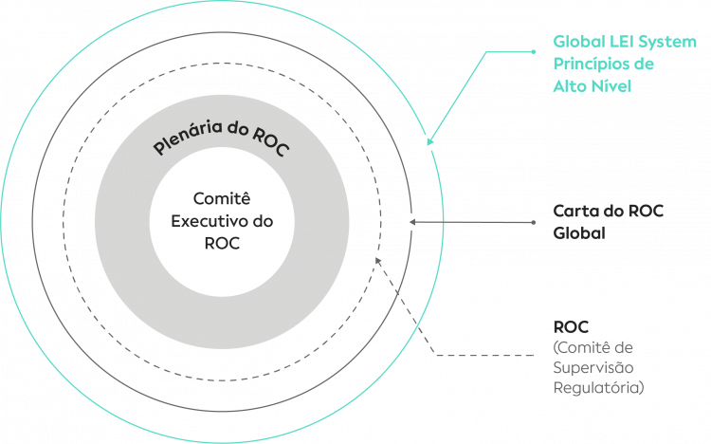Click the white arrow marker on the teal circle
pos(429,141)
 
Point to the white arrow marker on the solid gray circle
pos(410,222)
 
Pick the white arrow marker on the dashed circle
pos(376,258)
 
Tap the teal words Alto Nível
pos(592,85)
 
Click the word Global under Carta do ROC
pos(578,231)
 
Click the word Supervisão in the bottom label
pos(592,368)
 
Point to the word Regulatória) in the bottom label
pos(598,388)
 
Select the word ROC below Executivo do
pos(222,242)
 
